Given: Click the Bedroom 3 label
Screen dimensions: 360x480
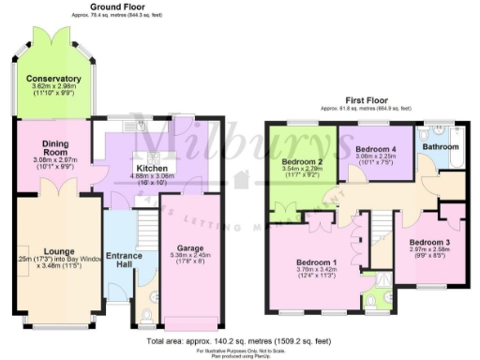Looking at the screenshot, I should [429, 243].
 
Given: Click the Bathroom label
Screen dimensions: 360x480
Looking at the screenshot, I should [439, 147].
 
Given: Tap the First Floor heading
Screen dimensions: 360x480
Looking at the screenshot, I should [367, 98].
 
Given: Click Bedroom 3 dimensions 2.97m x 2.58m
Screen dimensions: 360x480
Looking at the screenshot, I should [429, 251].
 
